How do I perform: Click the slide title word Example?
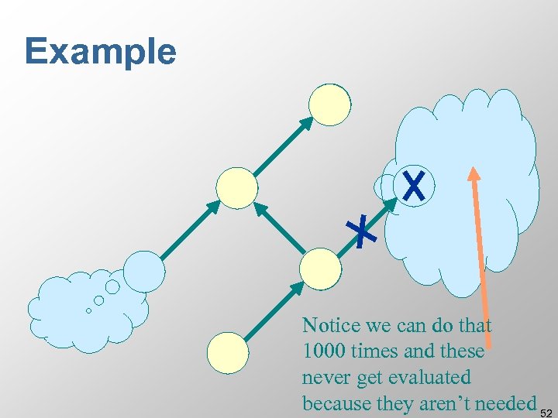click(x=101, y=52)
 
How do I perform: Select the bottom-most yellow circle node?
click(x=229, y=353)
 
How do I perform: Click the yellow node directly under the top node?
click(x=236, y=188)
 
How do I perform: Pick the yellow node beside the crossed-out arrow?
click(x=320, y=268)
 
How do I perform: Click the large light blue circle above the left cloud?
click(x=145, y=271)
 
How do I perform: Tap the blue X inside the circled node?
click(x=415, y=186)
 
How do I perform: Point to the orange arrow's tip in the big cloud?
click(x=471, y=172)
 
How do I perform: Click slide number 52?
click(x=547, y=410)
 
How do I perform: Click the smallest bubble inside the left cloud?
click(x=88, y=310)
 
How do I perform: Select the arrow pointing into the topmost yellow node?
click(x=283, y=146)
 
